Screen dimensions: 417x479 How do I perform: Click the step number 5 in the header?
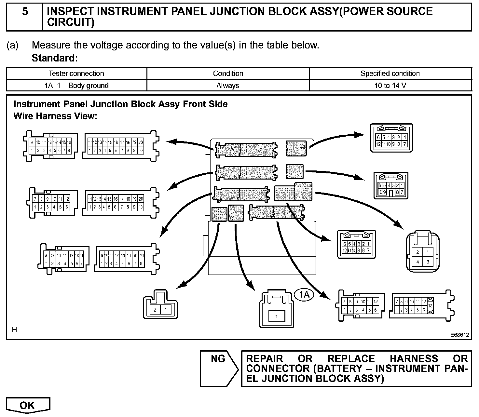[x=25, y=12]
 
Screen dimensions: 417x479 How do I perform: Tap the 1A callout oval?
[x=304, y=295]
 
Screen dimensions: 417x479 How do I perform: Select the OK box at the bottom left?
[x=28, y=405]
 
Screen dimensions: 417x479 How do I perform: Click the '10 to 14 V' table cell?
[x=390, y=86]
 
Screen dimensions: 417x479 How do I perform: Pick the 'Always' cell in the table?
[x=228, y=86]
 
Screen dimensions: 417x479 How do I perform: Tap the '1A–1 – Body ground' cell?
[x=76, y=86]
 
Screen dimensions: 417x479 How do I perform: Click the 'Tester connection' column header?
[x=76, y=74]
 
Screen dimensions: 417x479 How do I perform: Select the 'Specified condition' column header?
[x=390, y=74]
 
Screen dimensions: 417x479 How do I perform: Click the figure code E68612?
[x=460, y=334]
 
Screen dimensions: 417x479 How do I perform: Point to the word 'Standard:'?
[x=55, y=58]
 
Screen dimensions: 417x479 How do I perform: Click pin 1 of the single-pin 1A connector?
[x=276, y=316]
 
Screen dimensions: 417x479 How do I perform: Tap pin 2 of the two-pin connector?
[x=155, y=309]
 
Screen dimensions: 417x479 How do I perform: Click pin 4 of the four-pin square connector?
[x=418, y=262]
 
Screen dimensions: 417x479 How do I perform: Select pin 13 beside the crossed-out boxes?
[x=430, y=306]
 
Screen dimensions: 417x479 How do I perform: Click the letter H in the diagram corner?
[x=14, y=330]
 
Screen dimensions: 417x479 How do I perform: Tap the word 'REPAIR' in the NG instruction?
[x=264, y=359]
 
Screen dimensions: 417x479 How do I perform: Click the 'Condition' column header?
[x=228, y=74]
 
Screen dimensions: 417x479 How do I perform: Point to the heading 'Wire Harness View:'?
[x=55, y=116]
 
